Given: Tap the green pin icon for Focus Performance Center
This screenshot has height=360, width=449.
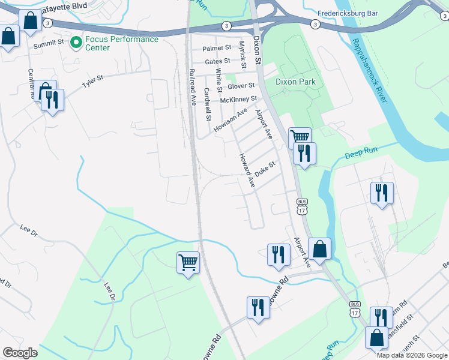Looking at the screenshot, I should pos(76,43).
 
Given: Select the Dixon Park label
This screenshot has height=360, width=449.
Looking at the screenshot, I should pos(295,82).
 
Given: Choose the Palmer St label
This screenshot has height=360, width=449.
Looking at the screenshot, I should pos(217,47).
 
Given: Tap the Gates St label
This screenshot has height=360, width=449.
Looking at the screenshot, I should pos(217,61).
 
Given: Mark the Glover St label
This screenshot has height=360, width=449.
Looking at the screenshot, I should pos(241,86).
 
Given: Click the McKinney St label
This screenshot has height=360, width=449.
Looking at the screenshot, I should pos(238,99).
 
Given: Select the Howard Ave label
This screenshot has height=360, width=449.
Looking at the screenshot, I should pos(247,170).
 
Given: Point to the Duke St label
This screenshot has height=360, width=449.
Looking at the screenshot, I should pos(264,168).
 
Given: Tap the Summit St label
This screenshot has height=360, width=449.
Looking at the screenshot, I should pos(49,43).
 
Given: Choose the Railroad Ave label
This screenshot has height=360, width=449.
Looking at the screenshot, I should pos(193,87).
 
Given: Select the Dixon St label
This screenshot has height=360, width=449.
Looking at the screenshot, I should pos(257,50).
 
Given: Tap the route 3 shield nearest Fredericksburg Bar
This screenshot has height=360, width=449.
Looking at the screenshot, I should pos(315,24).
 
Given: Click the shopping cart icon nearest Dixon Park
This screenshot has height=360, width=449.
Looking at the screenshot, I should pos(300,138).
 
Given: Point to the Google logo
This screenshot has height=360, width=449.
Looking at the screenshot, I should pos(20,353).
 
